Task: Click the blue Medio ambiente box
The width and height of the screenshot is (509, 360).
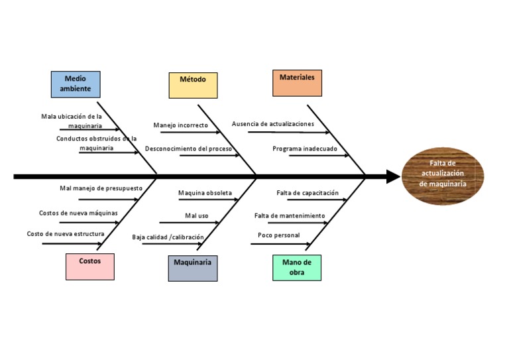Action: click(x=76, y=84)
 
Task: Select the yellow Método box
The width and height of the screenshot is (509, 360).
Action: click(x=193, y=85)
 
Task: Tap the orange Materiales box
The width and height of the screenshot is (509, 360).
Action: click(x=297, y=83)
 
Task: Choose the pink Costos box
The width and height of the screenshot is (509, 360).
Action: click(x=89, y=266)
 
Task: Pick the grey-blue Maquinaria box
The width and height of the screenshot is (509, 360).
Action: click(x=192, y=267)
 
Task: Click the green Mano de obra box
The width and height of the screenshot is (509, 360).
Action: click(x=296, y=267)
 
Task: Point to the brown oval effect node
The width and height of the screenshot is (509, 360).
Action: click(x=443, y=176)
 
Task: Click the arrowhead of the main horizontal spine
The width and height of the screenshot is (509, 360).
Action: click(x=393, y=176)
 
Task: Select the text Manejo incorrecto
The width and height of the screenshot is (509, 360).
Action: click(x=180, y=125)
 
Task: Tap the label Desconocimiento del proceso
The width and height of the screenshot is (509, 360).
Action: click(x=188, y=149)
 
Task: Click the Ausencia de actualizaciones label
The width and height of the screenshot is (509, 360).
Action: click(x=272, y=124)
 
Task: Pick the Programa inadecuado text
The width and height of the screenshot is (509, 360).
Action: click(x=304, y=149)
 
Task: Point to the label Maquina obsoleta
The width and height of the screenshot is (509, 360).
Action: click(x=205, y=194)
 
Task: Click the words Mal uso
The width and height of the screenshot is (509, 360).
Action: click(x=196, y=215)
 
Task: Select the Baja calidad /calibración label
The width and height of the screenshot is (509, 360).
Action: click(x=168, y=237)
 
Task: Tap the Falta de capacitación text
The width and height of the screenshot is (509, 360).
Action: click(x=308, y=194)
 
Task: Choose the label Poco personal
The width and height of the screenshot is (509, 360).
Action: click(x=278, y=235)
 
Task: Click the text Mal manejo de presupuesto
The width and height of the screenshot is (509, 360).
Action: click(x=101, y=188)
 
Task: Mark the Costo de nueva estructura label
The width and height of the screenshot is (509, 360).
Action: click(x=65, y=234)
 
